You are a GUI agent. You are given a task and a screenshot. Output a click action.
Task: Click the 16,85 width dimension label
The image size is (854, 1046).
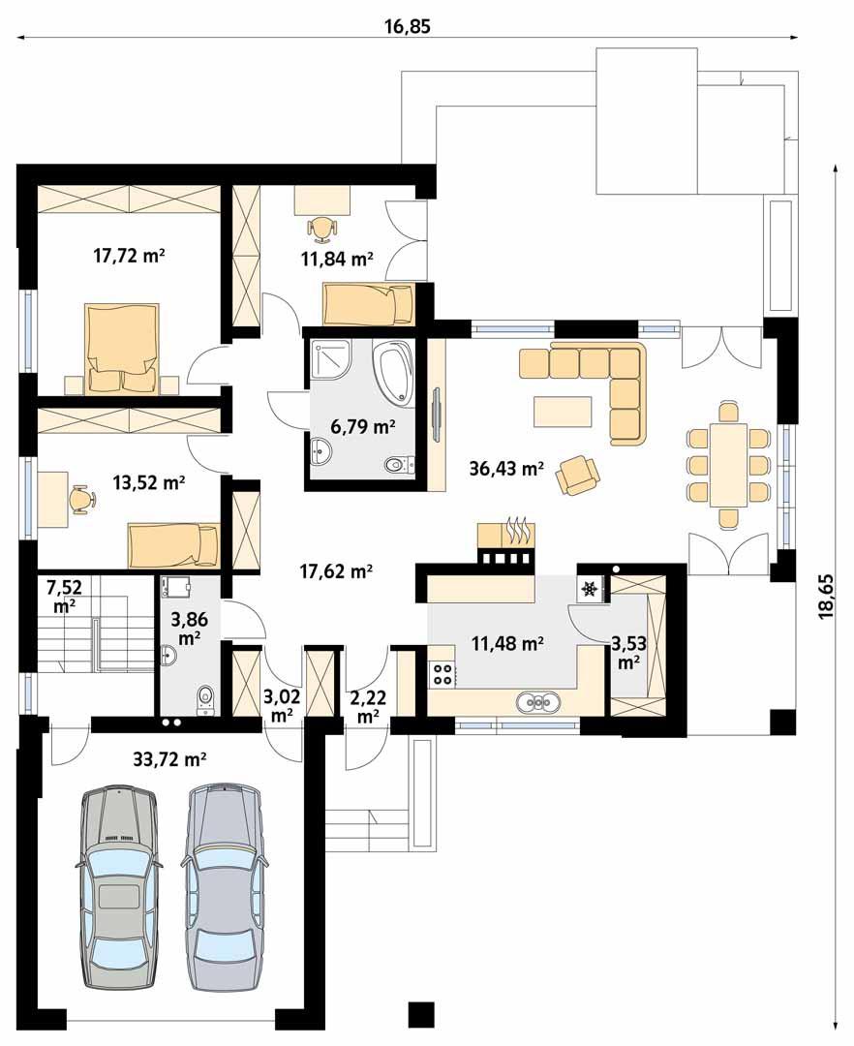pos(408,26)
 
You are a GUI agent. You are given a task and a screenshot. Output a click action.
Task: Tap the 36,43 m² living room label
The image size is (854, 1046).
pos(506,469)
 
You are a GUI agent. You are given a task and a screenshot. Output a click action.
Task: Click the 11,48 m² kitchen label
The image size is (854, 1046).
pos(507,644)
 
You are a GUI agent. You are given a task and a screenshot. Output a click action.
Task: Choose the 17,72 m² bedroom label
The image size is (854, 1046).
pos(129,255)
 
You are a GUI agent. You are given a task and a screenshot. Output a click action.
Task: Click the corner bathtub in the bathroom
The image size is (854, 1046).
pos(395,371)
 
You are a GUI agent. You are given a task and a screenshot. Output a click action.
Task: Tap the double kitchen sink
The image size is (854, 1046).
pos(539,702)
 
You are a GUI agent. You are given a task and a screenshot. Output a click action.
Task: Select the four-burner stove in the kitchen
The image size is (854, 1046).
pos(442,674)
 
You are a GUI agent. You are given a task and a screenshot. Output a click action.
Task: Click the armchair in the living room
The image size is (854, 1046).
pos(578,475)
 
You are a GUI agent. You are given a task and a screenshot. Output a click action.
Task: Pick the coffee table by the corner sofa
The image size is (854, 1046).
pos(563,411)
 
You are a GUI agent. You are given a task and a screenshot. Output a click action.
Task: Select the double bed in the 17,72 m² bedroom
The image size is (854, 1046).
pos(123,348)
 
